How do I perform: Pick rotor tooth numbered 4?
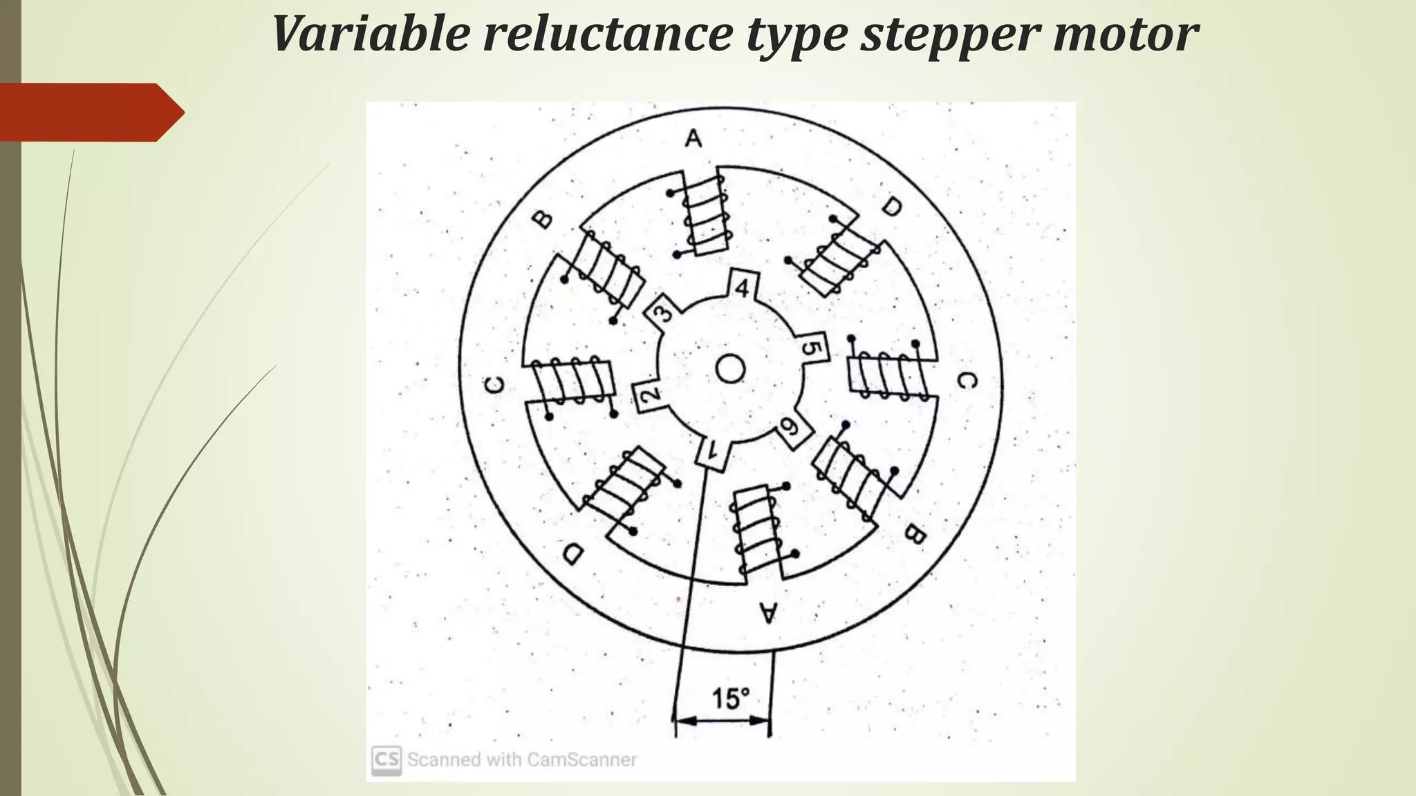coord(742,287)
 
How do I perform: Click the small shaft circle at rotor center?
coord(729,369)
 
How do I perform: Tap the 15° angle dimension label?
coord(730,699)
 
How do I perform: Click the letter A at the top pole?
coord(693,139)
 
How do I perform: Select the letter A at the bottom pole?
coord(768,612)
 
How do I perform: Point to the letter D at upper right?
coord(892,206)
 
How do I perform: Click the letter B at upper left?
coord(543,220)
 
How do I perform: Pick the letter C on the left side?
coord(495,384)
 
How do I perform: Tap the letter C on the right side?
coord(967,380)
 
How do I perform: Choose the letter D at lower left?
coord(573,553)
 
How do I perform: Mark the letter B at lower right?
coord(914,533)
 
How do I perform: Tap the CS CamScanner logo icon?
coord(386,759)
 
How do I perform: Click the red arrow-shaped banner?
coord(90,112)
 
